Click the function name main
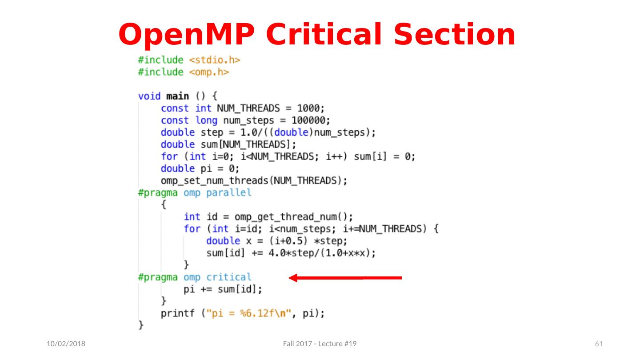click(177, 96)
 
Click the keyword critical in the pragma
click(229, 277)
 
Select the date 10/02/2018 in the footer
click(67, 344)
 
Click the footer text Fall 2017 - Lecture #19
click(320, 344)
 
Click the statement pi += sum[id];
click(223, 289)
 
